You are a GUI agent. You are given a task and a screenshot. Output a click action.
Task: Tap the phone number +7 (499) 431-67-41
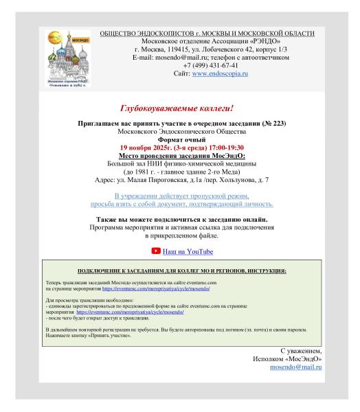pyautogui.click(x=207, y=65)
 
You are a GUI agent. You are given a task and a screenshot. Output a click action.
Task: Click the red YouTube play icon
pyautogui.click(x=155, y=251)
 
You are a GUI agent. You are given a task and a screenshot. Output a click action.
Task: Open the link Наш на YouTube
pyautogui.click(x=188, y=252)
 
